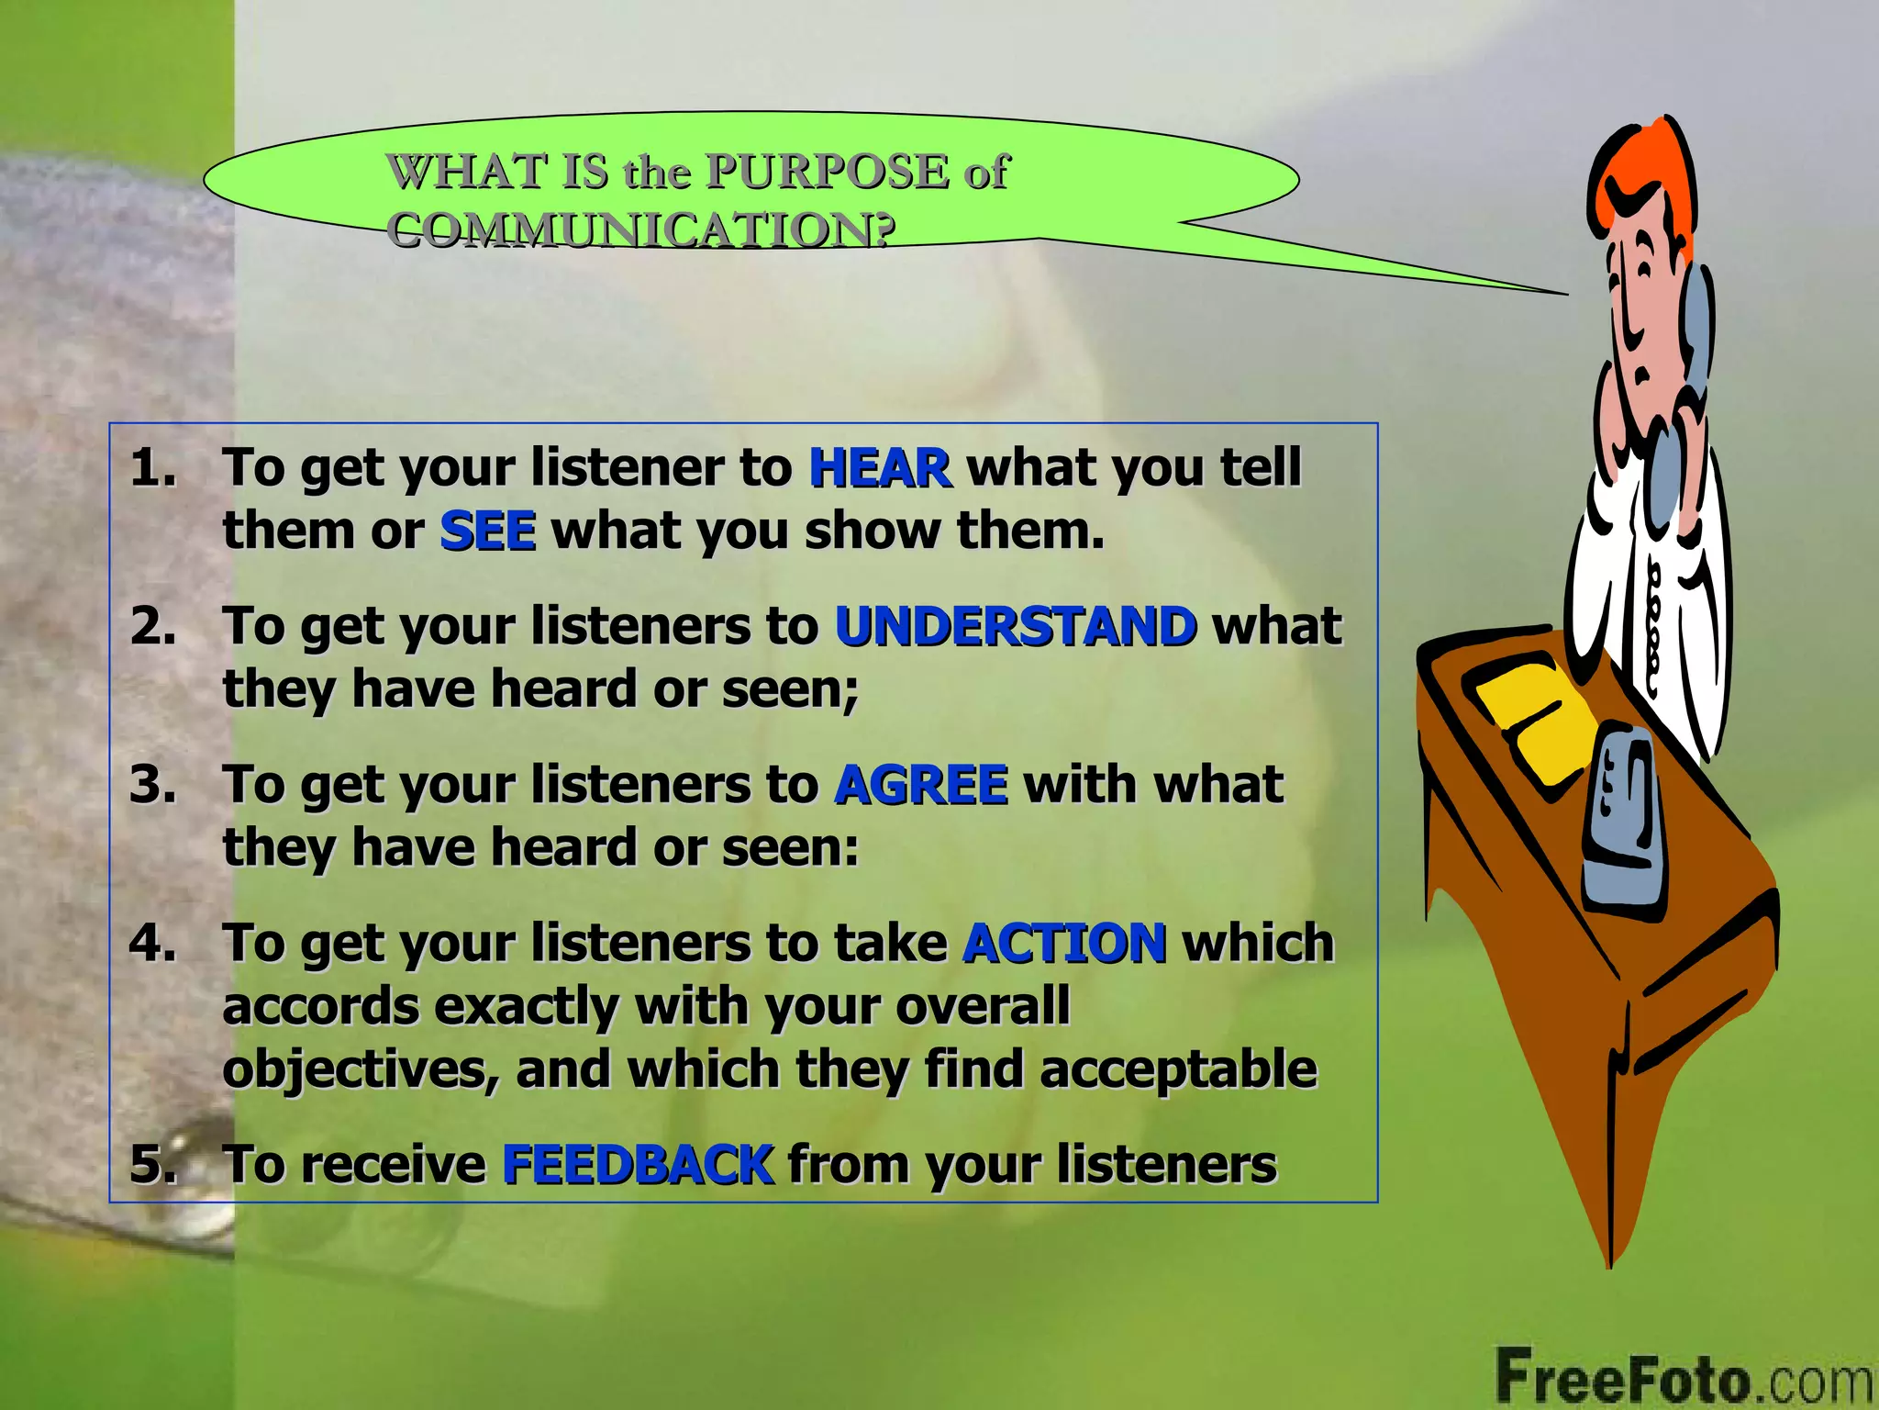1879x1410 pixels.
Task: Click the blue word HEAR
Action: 879,468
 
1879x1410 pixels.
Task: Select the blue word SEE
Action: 487,532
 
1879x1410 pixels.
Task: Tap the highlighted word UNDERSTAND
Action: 1016,627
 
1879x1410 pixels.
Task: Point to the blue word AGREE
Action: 920,786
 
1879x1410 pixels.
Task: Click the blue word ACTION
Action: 1064,944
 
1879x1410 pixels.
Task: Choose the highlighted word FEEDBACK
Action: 638,1165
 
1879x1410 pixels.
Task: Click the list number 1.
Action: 152,468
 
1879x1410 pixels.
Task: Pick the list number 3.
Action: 152,786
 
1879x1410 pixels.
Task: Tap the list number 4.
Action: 152,944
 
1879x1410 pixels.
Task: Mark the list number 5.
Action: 152,1165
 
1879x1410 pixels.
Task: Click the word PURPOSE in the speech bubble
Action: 828,172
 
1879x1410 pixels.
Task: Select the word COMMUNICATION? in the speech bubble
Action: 639,229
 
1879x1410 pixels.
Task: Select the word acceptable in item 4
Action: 1178,1070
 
